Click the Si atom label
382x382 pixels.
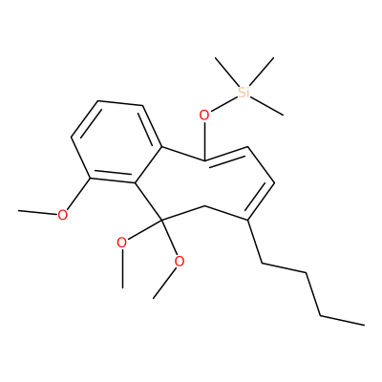pos(244,93)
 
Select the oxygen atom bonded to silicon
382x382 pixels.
pos(204,115)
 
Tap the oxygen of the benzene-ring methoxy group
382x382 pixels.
pos(63,215)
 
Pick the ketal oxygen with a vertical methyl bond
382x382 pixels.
pos(122,243)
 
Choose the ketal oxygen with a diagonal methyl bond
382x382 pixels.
pos(180,262)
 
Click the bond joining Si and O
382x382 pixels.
pos(223,104)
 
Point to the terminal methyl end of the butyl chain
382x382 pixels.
pos(364,325)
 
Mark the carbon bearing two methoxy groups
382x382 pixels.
pos(161,220)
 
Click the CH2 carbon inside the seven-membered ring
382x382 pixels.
pos(204,206)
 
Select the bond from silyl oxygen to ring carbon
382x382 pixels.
pos(204,140)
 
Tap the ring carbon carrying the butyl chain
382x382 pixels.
pos(247,220)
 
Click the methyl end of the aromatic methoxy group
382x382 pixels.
pos(19,210)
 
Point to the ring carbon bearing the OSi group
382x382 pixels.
pos(204,159)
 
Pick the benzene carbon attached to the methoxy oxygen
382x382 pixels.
pos(91,179)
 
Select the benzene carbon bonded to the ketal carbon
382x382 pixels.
pos(135,183)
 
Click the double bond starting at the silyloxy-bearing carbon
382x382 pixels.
pos(226,154)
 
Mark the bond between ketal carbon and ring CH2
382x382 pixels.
pos(182,213)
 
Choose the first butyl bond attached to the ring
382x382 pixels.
pos(255,242)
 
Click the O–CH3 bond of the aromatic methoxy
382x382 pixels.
pos(38,212)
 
